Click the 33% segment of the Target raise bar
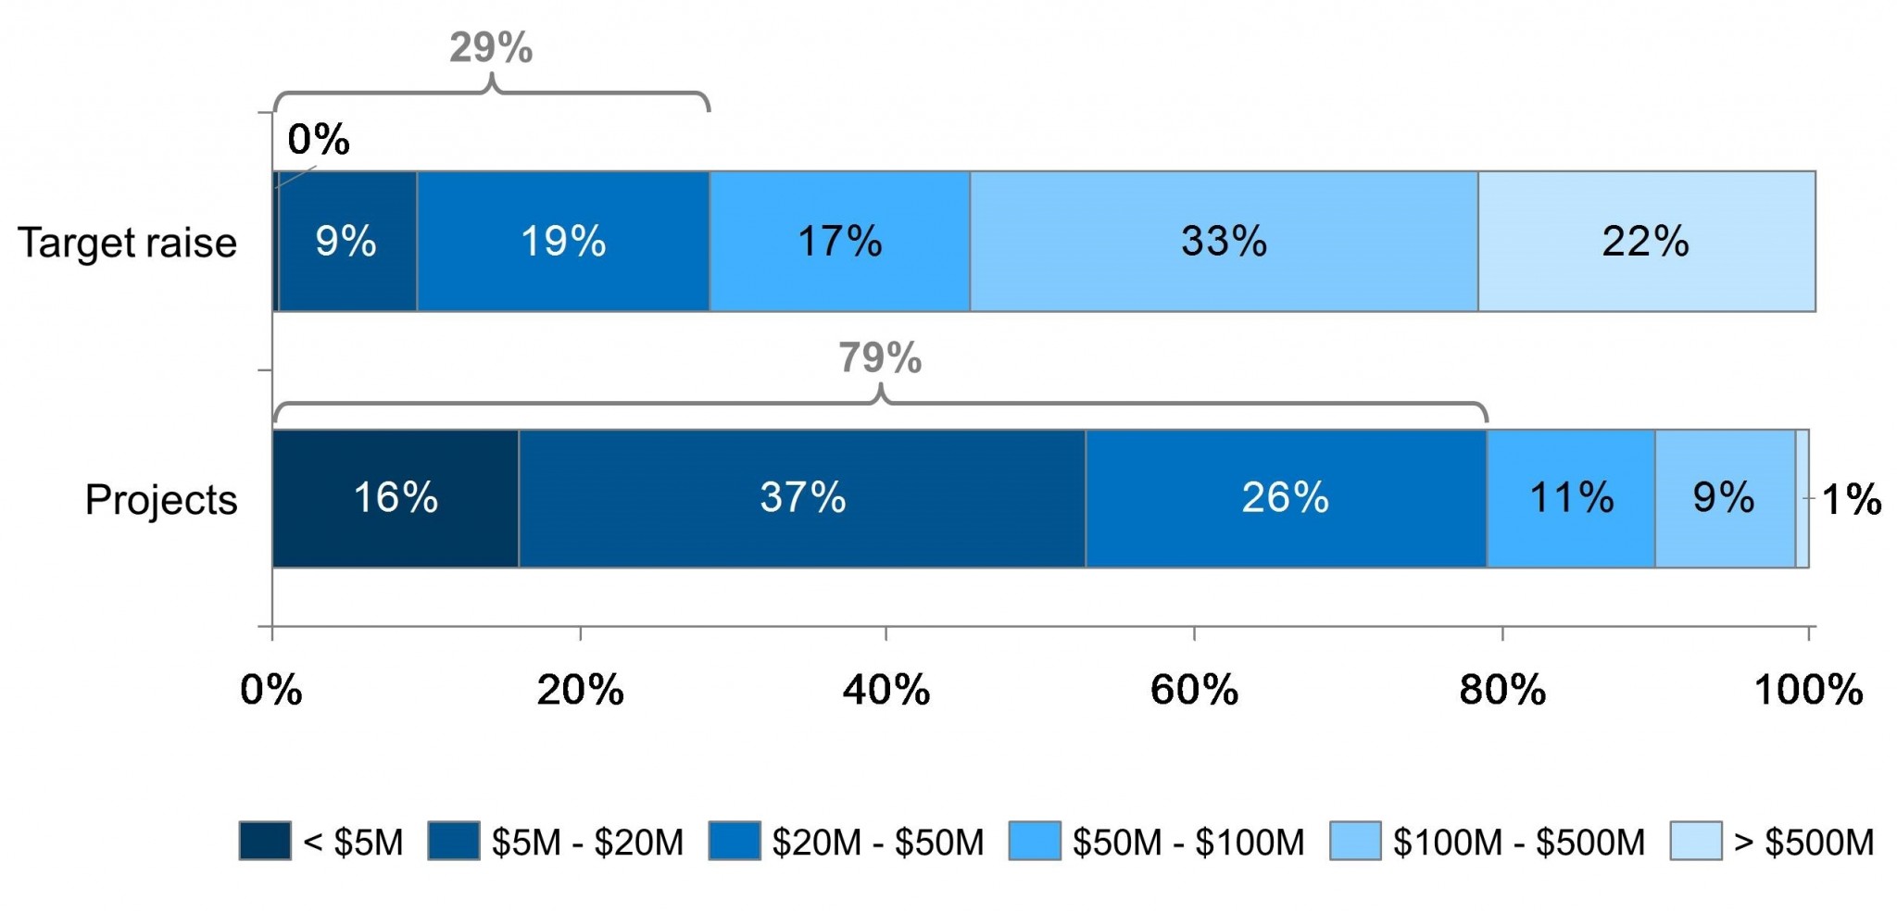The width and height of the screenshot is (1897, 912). [x=1224, y=242]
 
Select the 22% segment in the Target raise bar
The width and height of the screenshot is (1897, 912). [x=1646, y=242]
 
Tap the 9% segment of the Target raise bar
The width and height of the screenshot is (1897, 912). [x=346, y=242]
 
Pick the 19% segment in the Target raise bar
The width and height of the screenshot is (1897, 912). [x=563, y=242]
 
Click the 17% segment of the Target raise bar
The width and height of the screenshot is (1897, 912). [x=839, y=242]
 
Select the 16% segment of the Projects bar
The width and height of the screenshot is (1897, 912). [x=396, y=498]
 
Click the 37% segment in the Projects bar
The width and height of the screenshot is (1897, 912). [x=802, y=498]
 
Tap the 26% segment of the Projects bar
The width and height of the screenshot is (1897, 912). [x=1286, y=498]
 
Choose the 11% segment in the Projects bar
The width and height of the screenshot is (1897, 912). [x=1571, y=498]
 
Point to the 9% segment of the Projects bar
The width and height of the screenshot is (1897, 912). [x=1724, y=498]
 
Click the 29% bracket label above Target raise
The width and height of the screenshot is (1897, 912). [x=491, y=48]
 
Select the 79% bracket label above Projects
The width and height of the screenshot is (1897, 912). [x=880, y=358]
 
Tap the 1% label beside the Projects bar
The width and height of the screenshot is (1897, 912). [x=1851, y=500]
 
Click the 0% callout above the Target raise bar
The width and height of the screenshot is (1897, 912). [x=319, y=140]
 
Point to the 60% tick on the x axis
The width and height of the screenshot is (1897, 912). [x=1194, y=691]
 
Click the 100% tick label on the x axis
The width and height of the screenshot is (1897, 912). [x=1808, y=691]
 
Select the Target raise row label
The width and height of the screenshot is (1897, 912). [x=128, y=244]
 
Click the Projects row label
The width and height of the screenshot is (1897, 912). [x=161, y=500]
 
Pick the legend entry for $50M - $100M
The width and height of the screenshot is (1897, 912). [x=1157, y=843]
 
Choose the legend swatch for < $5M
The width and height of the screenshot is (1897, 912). [x=265, y=841]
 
